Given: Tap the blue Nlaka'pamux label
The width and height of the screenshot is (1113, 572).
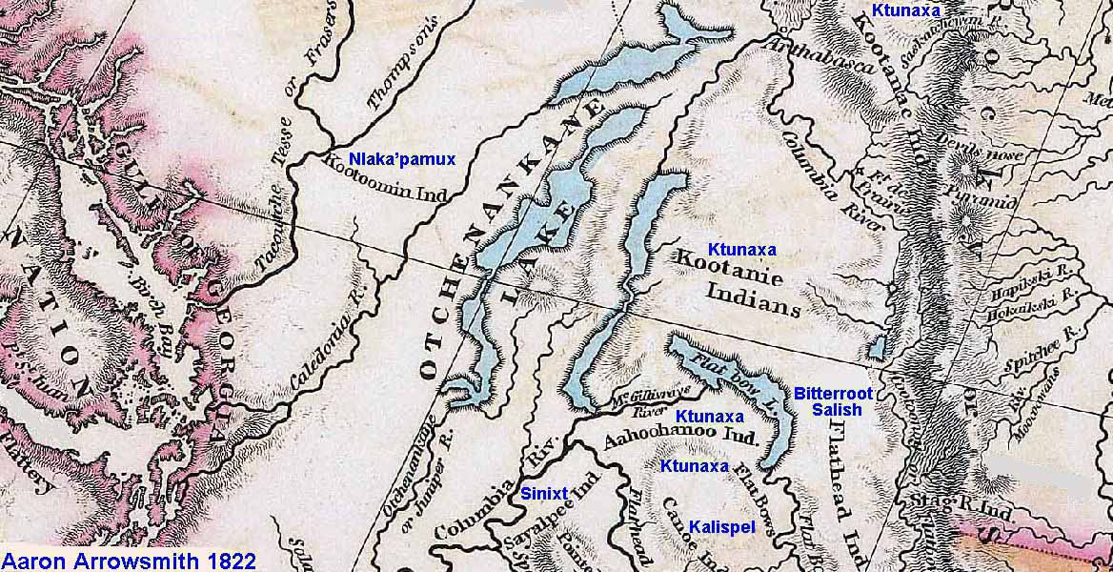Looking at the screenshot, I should click(x=402, y=159).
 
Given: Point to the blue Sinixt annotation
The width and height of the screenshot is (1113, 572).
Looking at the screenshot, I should click(x=544, y=493).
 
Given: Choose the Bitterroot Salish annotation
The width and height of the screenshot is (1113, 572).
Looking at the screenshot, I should click(x=827, y=401).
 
